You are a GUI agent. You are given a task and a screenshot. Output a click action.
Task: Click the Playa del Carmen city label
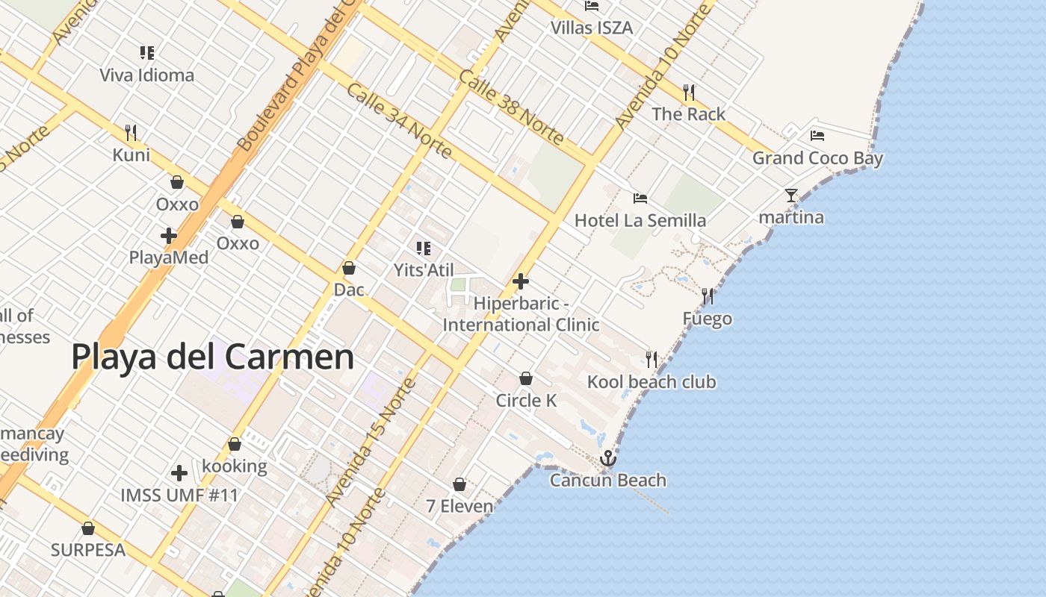(x=213, y=357)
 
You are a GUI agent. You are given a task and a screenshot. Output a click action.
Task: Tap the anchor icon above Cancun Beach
(x=607, y=457)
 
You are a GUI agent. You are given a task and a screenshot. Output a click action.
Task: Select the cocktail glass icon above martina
(x=790, y=196)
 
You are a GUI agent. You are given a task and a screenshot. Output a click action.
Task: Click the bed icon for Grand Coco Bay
(x=817, y=136)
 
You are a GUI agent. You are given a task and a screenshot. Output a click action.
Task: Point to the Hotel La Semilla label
(x=640, y=220)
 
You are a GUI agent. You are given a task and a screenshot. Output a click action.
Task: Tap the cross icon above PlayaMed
(x=169, y=236)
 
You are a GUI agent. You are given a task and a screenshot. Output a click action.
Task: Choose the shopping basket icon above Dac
(x=349, y=268)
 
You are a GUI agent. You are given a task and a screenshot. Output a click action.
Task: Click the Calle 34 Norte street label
(x=399, y=121)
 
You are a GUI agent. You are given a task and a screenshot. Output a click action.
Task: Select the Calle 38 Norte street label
(x=512, y=108)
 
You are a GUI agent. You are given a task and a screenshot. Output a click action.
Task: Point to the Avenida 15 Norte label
(x=371, y=442)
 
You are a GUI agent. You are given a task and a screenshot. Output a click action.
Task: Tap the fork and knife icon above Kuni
(x=131, y=133)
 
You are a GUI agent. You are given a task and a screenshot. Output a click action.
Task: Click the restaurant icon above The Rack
(x=689, y=93)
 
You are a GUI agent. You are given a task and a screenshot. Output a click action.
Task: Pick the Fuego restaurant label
(x=707, y=319)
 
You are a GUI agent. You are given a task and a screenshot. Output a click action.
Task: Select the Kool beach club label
(x=652, y=382)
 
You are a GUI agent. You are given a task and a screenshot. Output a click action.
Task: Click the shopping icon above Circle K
(x=526, y=378)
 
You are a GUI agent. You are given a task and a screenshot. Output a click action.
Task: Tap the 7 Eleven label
(x=459, y=506)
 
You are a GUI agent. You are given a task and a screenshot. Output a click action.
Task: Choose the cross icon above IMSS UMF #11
(x=179, y=473)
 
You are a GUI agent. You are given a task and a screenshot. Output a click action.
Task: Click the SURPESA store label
(x=88, y=550)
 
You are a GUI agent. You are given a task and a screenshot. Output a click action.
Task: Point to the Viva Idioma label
(x=147, y=75)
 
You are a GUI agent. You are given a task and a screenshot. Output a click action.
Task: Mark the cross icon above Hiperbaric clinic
(x=521, y=281)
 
